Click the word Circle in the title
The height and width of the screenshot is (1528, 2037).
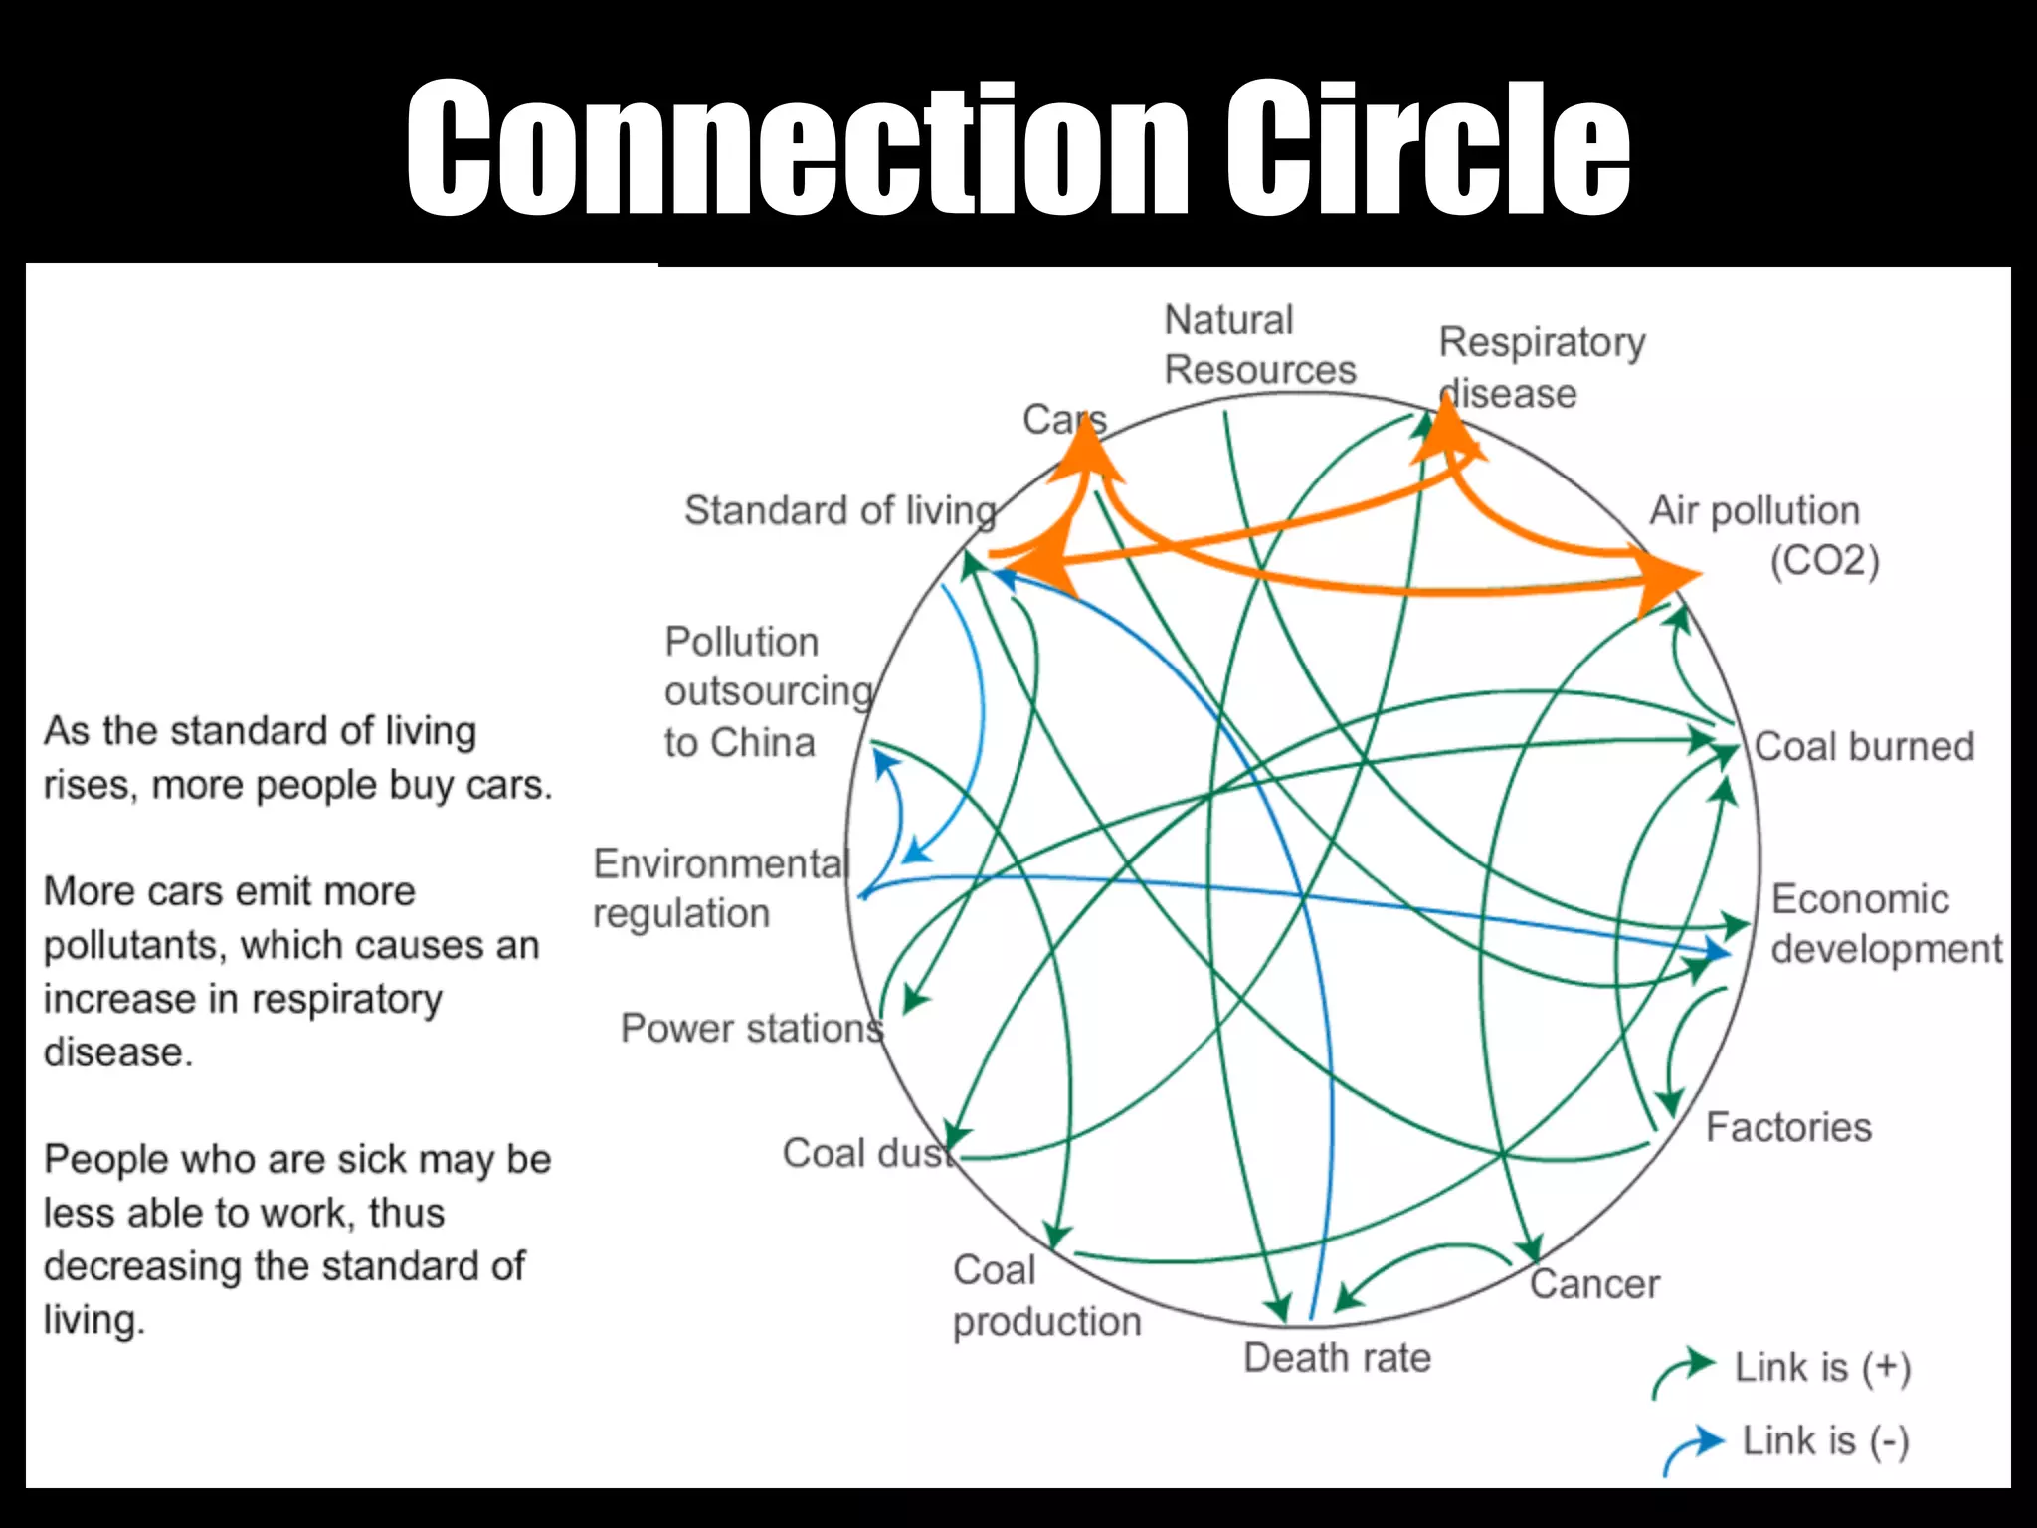[1427, 149]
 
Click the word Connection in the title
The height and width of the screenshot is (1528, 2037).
[796, 149]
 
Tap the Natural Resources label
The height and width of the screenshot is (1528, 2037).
[1259, 345]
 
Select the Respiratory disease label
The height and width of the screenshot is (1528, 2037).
[1541, 367]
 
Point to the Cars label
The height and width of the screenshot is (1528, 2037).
[1062, 420]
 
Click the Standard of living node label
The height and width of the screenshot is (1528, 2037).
[839, 510]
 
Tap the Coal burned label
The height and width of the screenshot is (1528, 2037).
[1864, 746]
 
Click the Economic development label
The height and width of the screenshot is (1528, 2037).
[1886, 923]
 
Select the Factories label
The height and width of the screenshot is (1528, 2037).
[1788, 1127]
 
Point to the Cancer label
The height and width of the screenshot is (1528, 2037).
[1594, 1284]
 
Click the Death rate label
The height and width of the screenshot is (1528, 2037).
[1337, 1358]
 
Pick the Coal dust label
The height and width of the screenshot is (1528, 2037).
[865, 1154]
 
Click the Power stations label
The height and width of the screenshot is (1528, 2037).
[751, 1028]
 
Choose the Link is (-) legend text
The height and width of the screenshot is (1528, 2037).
[1825, 1440]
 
